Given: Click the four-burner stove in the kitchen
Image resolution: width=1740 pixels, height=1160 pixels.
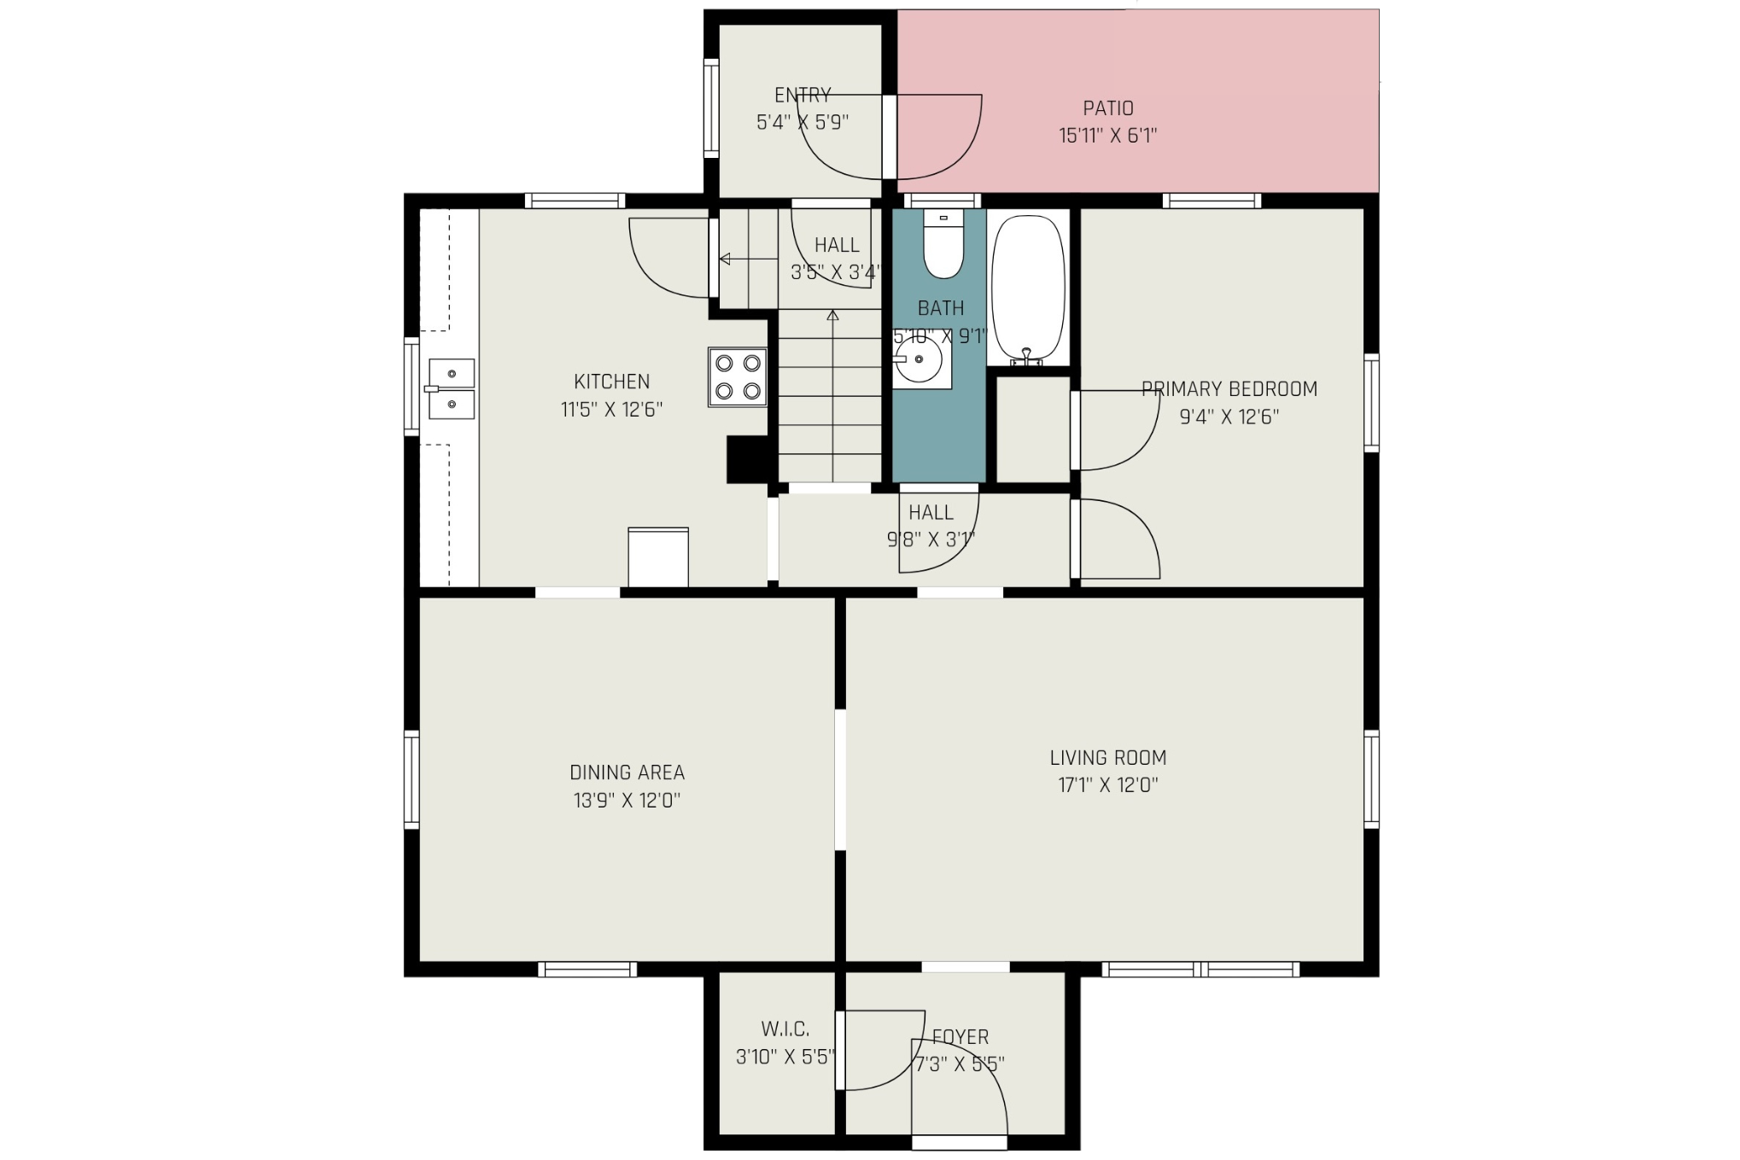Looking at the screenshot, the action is (738, 376).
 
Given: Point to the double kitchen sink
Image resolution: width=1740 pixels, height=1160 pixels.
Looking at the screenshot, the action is (451, 388).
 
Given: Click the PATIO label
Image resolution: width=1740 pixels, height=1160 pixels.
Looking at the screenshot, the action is (1108, 108).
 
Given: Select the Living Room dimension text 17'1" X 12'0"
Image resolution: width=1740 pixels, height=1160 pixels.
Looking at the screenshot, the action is (1108, 785).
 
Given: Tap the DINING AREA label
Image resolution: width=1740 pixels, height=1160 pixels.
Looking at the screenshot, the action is (627, 772).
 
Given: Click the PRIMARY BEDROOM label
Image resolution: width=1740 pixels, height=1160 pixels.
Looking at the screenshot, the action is (1229, 389).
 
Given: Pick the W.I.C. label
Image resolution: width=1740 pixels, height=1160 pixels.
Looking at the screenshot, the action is (785, 1029).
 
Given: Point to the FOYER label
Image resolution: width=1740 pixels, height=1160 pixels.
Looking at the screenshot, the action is (961, 1037).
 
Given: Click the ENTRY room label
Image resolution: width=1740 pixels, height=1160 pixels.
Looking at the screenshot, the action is (803, 95).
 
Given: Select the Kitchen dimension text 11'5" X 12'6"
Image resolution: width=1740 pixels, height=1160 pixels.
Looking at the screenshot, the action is (611, 410).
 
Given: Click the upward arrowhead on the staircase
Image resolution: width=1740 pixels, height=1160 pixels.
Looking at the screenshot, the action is (832, 316).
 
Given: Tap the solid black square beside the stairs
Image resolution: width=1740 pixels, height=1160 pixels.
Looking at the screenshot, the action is (747, 460).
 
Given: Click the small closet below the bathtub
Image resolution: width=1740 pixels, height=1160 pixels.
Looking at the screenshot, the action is (1033, 429).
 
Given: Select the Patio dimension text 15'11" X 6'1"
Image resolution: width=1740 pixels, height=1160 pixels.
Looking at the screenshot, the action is (1108, 136).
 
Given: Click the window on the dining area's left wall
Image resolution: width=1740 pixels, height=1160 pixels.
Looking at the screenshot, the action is (412, 779).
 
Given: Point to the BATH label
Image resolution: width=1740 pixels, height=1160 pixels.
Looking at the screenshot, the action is (941, 308).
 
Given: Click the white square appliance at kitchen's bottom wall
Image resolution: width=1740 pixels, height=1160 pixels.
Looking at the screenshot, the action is (658, 557).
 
